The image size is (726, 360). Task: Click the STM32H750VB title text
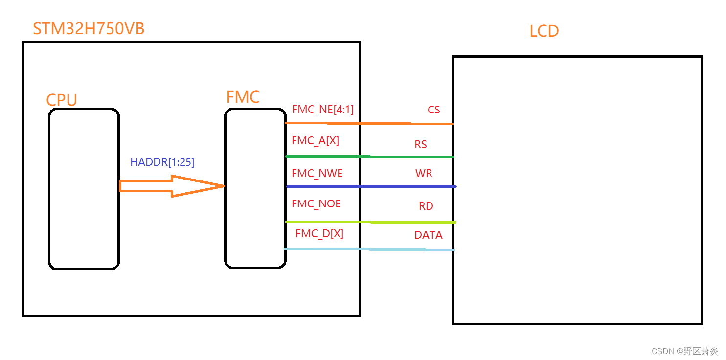point(89,29)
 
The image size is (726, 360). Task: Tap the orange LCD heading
point(544,31)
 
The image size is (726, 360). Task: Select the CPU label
point(62,100)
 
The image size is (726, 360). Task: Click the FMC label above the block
point(243,97)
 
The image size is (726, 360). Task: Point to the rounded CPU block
point(84,189)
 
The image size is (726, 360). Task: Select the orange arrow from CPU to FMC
point(171,186)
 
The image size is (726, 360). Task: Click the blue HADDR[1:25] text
point(162,162)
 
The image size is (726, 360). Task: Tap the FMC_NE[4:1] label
point(322,110)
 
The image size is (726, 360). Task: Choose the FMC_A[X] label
point(315,141)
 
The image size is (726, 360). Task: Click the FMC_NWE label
point(317,174)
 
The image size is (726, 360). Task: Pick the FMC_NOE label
point(316,204)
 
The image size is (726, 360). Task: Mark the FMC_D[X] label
point(319,234)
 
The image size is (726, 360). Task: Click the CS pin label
point(433,110)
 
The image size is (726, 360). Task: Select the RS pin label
point(420,145)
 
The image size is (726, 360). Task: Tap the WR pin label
point(424,174)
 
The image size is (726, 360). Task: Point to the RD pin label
point(426,206)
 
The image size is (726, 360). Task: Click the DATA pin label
point(428,235)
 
